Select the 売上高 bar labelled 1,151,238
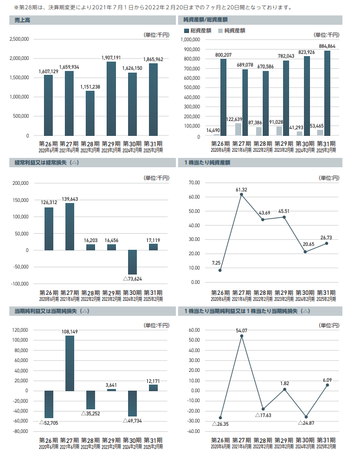(x=90, y=113)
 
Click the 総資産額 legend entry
(x=201, y=31)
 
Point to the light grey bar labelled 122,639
(x=238, y=129)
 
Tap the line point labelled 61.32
(x=240, y=194)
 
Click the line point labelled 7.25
(x=219, y=270)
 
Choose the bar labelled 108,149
(x=69, y=363)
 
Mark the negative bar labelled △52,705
(x=48, y=404)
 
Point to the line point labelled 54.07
(x=241, y=336)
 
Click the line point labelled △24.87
(x=306, y=416)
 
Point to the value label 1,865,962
(x=153, y=59)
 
